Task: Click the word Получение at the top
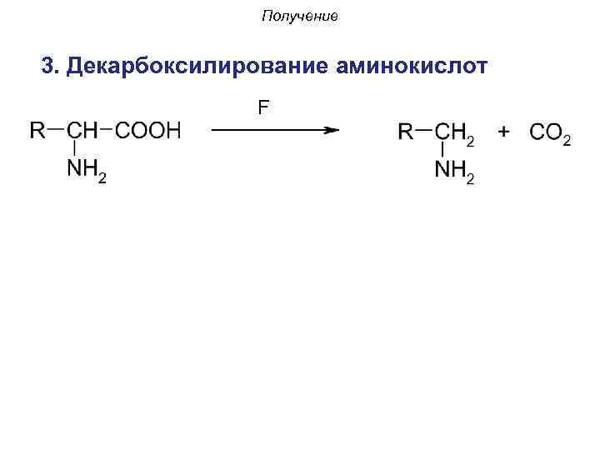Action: click(299, 17)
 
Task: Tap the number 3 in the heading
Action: click(47, 65)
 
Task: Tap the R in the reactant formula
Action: click(38, 130)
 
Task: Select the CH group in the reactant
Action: click(82, 130)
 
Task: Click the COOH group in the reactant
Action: click(147, 130)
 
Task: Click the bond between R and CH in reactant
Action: click(57, 129)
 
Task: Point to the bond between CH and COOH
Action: click(107, 129)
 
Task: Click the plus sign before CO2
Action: click(504, 130)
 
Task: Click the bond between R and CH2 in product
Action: click(424, 129)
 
